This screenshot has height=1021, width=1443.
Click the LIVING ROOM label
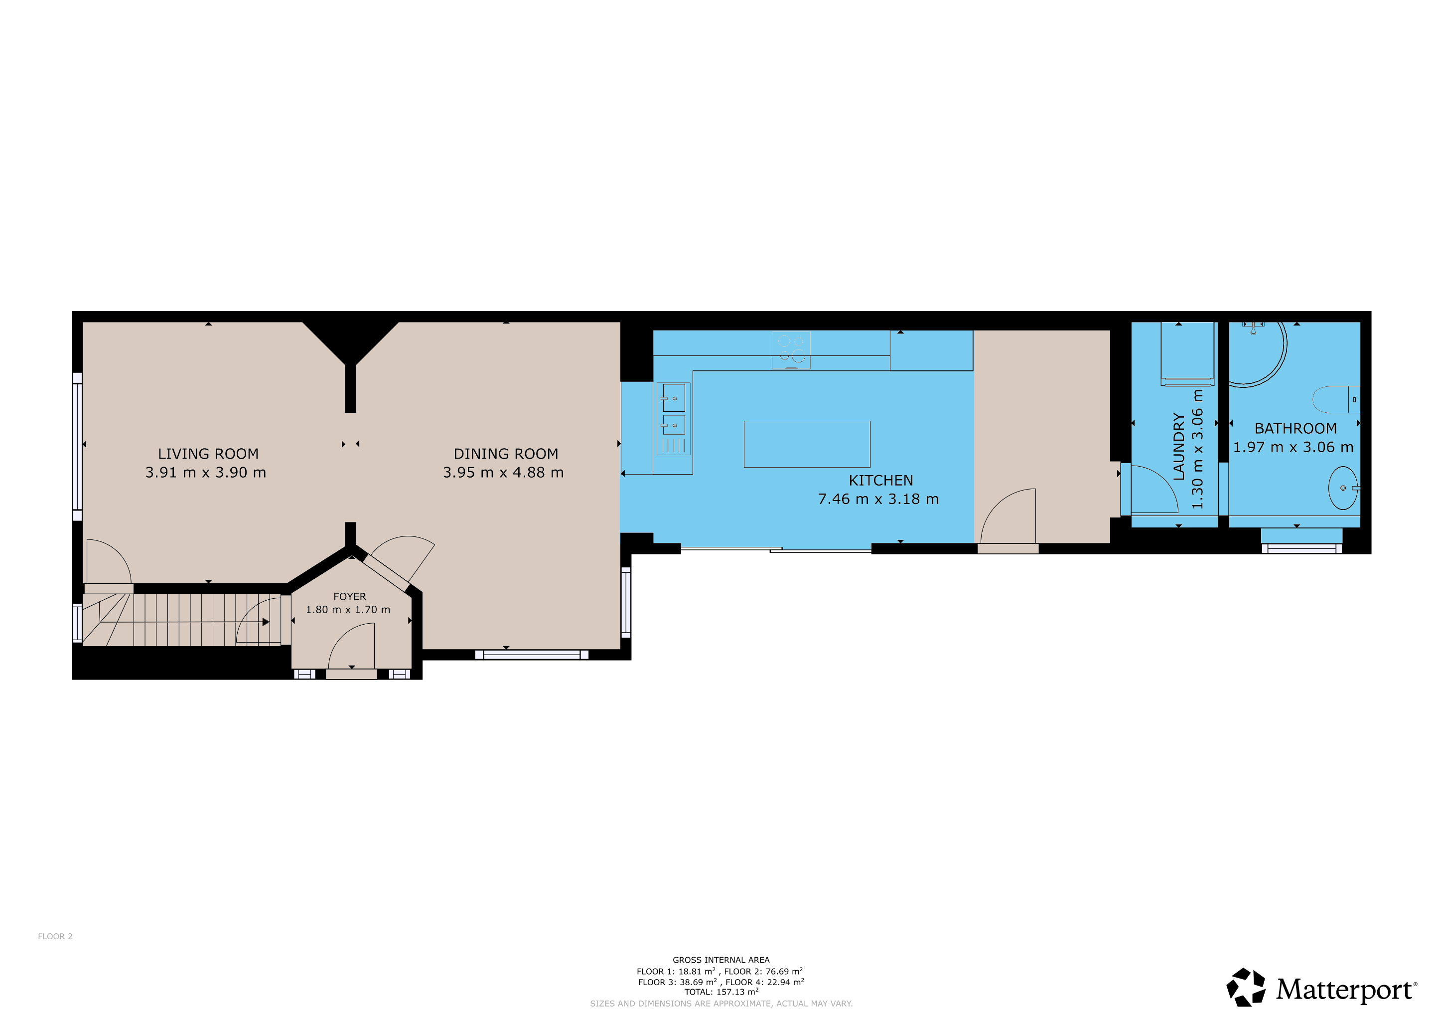[x=208, y=454]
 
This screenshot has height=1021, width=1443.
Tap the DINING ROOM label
[x=506, y=454]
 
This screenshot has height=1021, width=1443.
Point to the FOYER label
[x=349, y=597]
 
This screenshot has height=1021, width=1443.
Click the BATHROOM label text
[x=1296, y=429]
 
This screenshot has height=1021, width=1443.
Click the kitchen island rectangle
[x=807, y=445]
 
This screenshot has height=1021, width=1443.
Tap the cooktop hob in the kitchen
[x=791, y=350]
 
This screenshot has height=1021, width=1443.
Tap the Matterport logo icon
[x=1246, y=987]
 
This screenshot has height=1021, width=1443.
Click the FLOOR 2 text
[x=55, y=936]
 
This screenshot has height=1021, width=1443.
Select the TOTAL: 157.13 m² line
[x=721, y=992]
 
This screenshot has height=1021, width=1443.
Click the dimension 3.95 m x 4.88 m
[x=503, y=473]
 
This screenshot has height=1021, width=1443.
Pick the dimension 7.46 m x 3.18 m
[x=878, y=499]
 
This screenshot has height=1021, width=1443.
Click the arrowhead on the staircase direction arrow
[x=266, y=622]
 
